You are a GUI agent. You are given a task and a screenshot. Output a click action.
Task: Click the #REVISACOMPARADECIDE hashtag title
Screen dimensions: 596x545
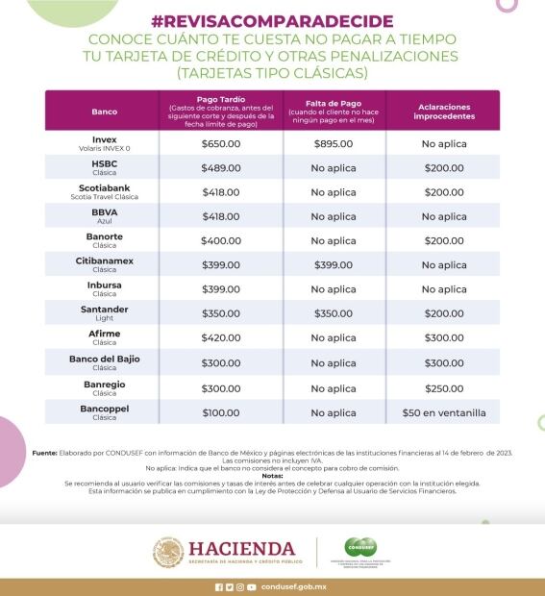click(272, 21)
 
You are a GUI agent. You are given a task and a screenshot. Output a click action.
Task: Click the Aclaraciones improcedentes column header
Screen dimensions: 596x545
click(443, 111)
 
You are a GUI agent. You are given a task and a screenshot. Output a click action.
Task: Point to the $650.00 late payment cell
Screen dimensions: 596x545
click(220, 144)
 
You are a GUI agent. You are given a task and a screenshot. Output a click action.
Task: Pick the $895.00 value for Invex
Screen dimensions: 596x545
click(334, 144)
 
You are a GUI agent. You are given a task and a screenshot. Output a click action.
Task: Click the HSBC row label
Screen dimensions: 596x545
click(104, 163)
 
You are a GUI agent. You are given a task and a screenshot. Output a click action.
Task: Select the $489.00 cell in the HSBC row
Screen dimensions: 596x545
click(220, 168)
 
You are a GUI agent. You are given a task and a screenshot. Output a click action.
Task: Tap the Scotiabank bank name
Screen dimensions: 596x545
click(104, 187)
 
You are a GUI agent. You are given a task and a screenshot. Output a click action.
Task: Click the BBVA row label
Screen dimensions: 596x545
click(104, 211)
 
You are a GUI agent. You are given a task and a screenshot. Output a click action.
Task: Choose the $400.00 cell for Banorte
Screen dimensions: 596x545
click(220, 241)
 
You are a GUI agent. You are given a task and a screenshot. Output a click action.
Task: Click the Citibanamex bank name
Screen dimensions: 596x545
click(104, 261)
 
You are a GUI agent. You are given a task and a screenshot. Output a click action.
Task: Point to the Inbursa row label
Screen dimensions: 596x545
click(104, 285)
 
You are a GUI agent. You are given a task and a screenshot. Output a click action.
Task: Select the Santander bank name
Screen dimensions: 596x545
click(104, 309)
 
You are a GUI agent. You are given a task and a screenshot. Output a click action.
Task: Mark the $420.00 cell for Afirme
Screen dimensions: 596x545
click(220, 338)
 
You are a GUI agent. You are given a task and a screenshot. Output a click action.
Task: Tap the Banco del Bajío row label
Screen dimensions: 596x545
click(104, 358)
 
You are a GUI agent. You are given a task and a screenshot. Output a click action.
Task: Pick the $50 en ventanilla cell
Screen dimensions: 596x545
click(443, 412)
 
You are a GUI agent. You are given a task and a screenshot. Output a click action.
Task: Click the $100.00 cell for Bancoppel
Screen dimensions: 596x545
click(220, 412)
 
